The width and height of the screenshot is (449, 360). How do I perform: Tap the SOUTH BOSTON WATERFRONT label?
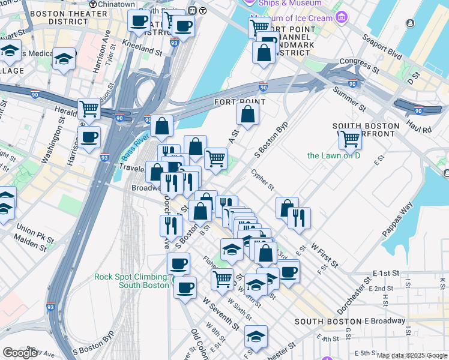click(x=366, y=131)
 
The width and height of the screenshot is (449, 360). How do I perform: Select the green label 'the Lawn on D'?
click(x=334, y=155)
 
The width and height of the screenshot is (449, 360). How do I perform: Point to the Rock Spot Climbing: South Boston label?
click(x=131, y=280)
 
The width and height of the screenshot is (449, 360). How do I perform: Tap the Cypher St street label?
click(x=263, y=178)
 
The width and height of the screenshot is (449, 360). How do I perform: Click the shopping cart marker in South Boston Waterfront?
click(x=350, y=139)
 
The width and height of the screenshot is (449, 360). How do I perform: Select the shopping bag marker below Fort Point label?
click(x=247, y=113)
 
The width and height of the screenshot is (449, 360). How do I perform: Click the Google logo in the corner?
click(x=20, y=353)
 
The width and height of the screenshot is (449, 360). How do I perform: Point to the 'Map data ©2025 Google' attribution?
click(x=412, y=355)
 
